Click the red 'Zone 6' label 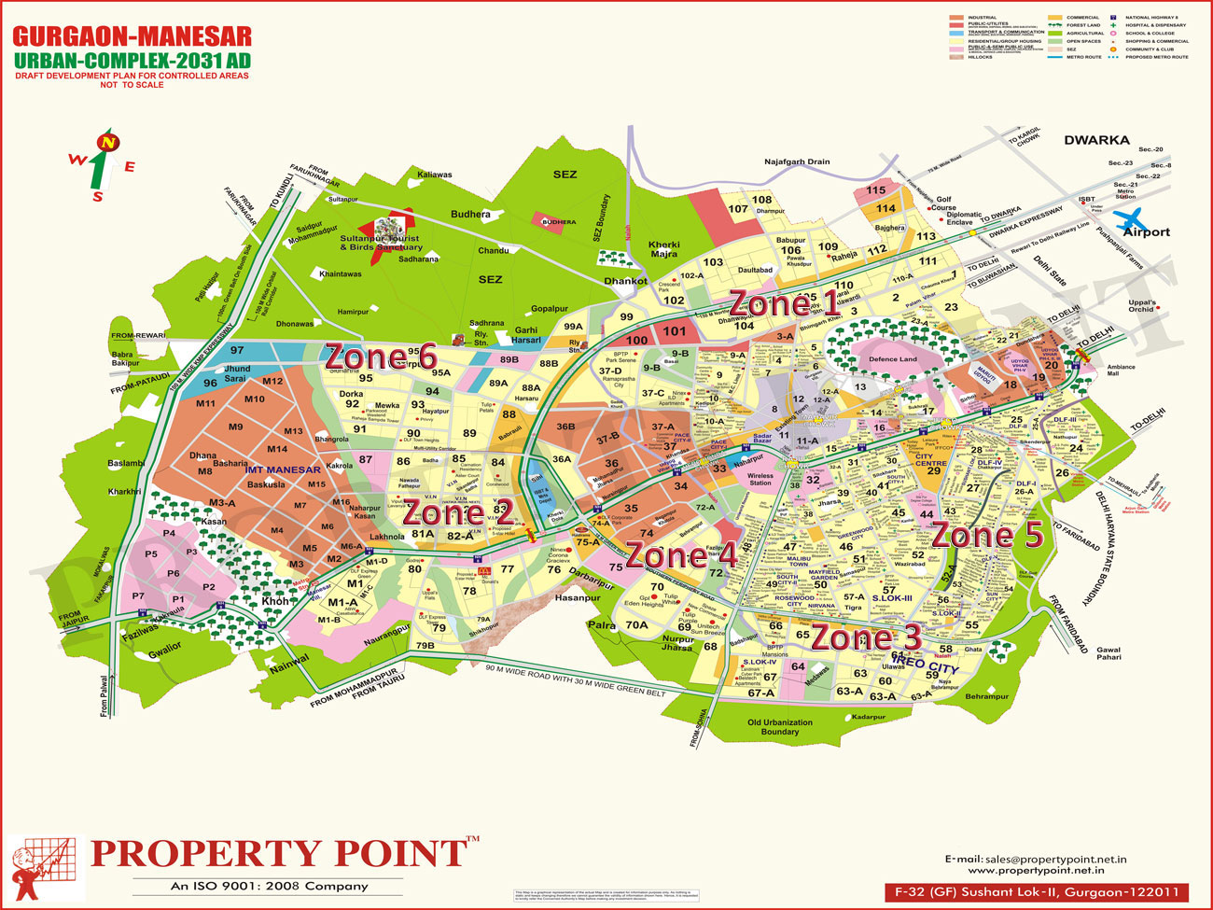(381, 357)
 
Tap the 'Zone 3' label (867, 637)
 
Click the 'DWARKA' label (1096, 140)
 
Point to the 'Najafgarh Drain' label (797, 162)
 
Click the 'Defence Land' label (893, 359)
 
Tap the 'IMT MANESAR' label (282, 469)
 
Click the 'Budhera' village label (470, 215)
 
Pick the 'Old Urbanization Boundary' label (780, 727)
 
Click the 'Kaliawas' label (435, 175)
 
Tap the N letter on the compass (110, 143)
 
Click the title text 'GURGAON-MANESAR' (132, 37)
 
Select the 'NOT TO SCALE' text (132, 85)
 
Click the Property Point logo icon (45, 867)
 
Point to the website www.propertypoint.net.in (1036, 870)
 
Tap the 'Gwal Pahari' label (1108, 653)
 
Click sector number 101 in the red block (675, 331)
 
